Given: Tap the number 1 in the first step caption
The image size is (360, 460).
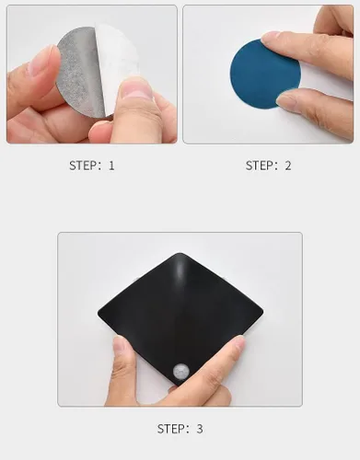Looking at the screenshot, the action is click(x=111, y=166).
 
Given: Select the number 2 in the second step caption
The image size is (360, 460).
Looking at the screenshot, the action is click(x=288, y=166).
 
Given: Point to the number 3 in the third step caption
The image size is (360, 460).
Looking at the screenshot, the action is click(x=200, y=429).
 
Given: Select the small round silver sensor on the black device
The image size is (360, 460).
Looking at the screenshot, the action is click(x=181, y=372).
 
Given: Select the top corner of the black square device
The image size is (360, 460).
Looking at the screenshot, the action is click(x=180, y=253).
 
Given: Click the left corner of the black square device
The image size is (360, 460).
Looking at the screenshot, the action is click(x=99, y=314).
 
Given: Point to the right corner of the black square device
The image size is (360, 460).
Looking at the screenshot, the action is click(x=262, y=312).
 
